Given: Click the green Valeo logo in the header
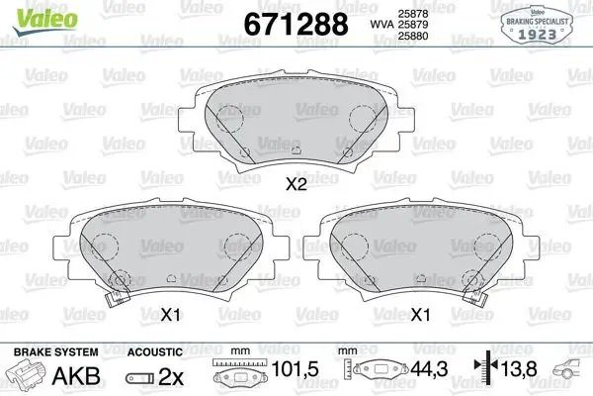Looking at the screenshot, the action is click(45, 21).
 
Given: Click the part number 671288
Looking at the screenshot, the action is click(296, 24).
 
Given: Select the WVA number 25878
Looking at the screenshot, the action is click(413, 14).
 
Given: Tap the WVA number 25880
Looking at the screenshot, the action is click(413, 36).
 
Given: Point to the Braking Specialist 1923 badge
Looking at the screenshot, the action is click(537, 25).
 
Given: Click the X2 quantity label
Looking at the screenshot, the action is click(296, 185).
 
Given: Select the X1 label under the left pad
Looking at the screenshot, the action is click(170, 315).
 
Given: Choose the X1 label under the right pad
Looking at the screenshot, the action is click(421, 315).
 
